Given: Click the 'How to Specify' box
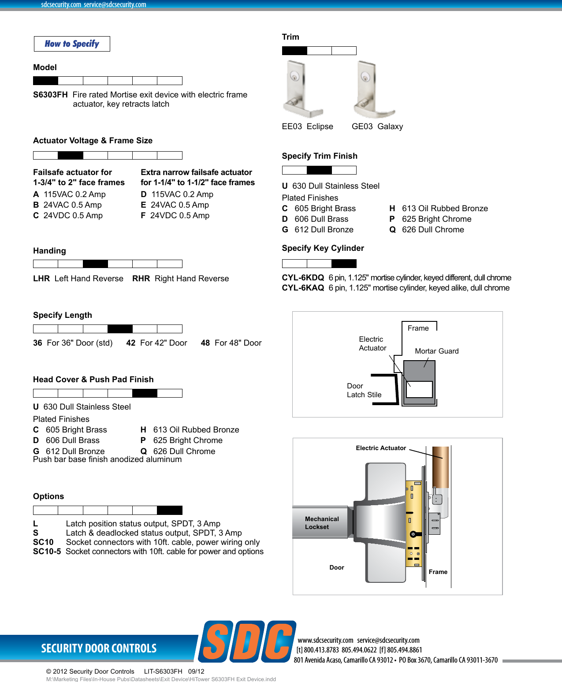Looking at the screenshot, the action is pos(72,44).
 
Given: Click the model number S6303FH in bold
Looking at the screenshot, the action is pos(50,95).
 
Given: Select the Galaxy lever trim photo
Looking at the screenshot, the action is pos(373,89).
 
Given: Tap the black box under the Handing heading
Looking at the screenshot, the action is pos(95,264).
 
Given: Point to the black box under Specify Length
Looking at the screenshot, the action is pos(120,328).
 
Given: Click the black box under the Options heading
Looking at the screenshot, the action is pos(170,510).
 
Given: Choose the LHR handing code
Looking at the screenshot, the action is pos(41,279).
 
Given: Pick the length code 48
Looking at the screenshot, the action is pos(205,343).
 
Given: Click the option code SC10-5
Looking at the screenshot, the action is pos(47,552).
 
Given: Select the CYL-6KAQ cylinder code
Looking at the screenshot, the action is pos(303,288).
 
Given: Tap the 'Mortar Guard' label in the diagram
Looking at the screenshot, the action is pos(436,351).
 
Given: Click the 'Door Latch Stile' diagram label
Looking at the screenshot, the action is pos(364,390).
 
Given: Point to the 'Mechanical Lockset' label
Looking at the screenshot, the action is pos(321,523).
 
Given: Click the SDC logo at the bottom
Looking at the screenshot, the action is pos(247,642).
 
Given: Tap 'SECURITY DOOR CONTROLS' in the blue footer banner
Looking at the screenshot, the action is pos(99,648).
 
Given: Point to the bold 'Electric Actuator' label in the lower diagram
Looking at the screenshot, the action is pos(381,448).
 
